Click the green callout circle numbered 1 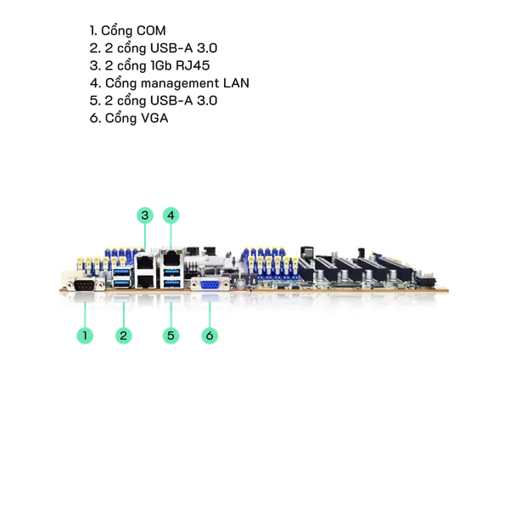coord(84,336)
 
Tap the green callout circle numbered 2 coord(124,336)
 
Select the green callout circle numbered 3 coord(145,215)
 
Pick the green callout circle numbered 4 coord(171,215)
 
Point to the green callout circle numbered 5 coord(171,336)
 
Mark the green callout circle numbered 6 coord(210,336)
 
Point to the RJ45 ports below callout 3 coord(145,267)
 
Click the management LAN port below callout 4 coord(171,254)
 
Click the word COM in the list coord(150,31)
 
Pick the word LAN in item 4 coord(234,83)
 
